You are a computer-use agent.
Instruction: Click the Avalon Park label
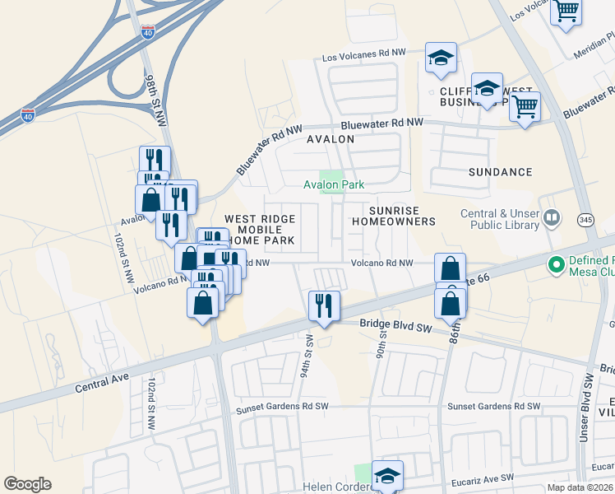point(333,185)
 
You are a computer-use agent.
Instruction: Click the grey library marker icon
point(552,218)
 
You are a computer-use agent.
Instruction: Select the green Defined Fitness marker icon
point(557,264)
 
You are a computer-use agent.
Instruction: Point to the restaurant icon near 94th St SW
point(324,306)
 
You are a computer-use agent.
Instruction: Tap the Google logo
point(27,484)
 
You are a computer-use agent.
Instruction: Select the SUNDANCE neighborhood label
point(501,172)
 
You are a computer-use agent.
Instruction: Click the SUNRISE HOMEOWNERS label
point(393,217)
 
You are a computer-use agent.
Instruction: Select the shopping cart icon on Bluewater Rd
point(525,105)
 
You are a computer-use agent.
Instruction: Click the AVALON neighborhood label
point(331,139)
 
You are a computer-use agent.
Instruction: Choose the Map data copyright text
point(580,487)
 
